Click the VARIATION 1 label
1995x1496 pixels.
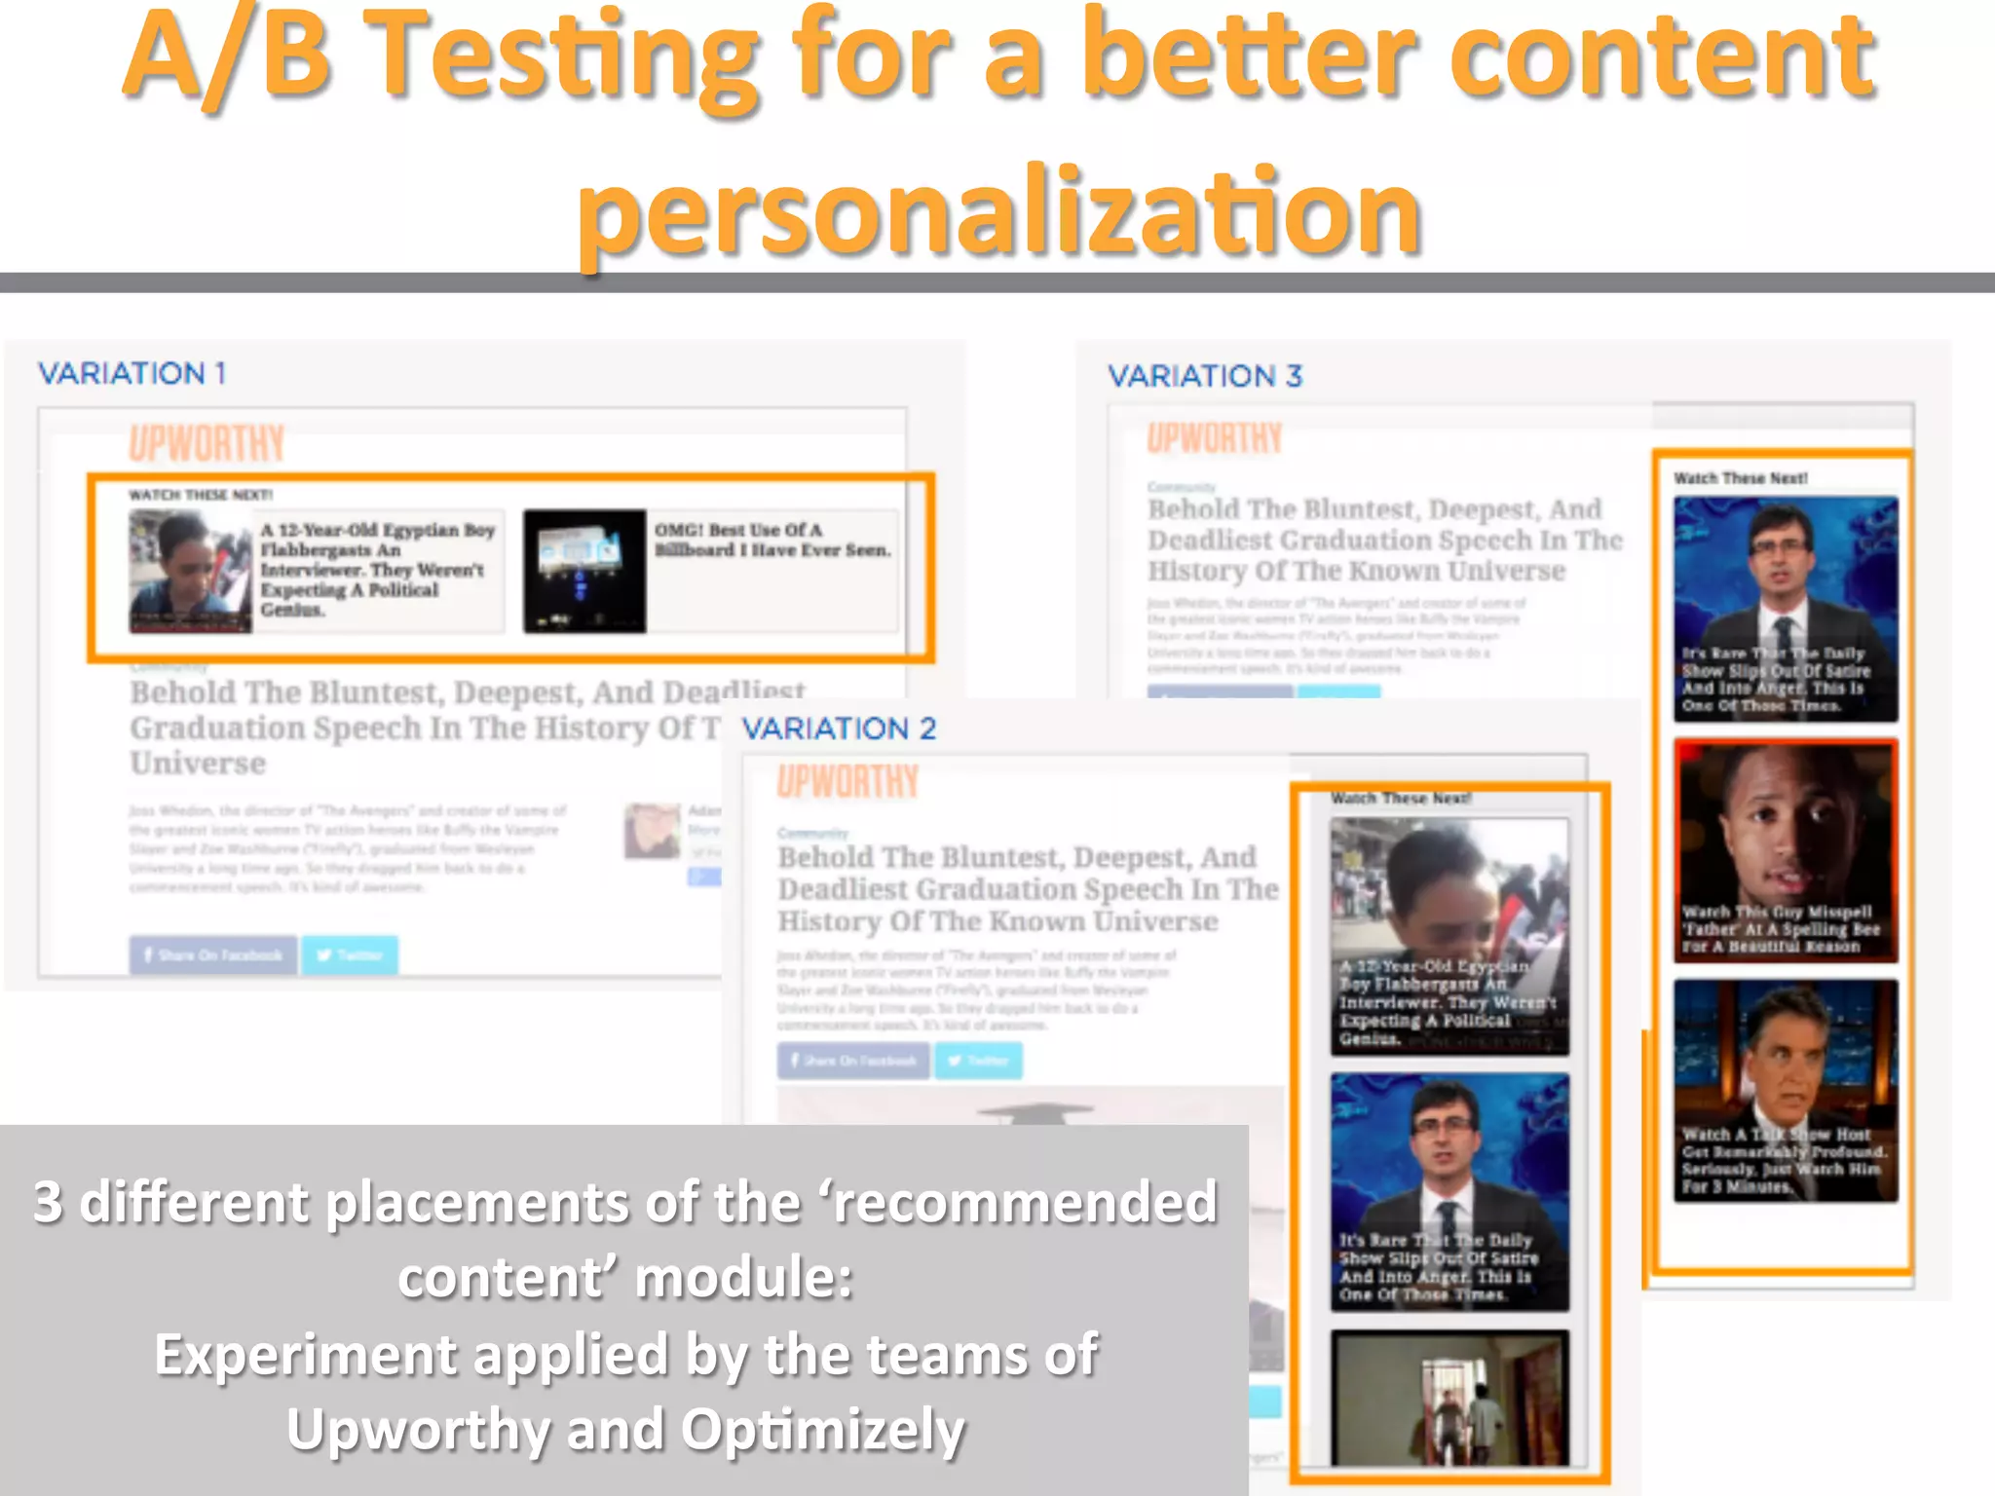(x=132, y=373)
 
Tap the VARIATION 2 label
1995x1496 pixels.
(x=839, y=729)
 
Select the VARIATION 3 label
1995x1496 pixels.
(x=1205, y=376)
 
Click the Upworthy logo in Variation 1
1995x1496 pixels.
(x=207, y=443)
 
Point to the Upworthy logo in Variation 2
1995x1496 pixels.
(x=847, y=781)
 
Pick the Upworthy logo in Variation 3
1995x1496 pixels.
(x=1214, y=438)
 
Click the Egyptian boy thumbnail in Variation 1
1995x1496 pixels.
(x=190, y=572)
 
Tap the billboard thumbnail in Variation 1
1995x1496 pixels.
(x=584, y=572)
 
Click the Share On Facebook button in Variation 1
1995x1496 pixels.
(x=213, y=955)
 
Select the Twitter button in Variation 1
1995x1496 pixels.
(x=350, y=955)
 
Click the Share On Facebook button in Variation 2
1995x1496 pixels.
(x=853, y=1061)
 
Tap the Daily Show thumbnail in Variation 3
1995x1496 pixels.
(x=1786, y=609)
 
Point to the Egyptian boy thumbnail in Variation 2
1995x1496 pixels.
(x=1449, y=936)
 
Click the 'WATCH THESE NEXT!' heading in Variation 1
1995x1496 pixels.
(x=201, y=495)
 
